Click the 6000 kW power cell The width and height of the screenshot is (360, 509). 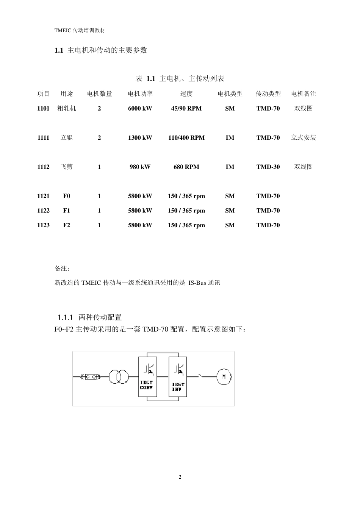click(x=140, y=108)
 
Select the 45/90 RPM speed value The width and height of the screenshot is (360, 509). click(x=186, y=108)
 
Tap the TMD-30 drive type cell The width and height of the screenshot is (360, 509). click(x=268, y=167)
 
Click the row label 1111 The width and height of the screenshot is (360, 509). click(x=43, y=137)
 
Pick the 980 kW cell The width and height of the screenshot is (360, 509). click(x=140, y=167)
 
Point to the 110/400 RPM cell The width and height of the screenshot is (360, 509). click(x=186, y=137)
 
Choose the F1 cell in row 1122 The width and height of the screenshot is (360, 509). click(x=67, y=211)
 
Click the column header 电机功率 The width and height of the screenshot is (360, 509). click(x=140, y=94)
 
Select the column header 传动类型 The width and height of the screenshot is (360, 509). click(x=268, y=94)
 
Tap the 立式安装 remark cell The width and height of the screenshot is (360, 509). click(x=303, y=137)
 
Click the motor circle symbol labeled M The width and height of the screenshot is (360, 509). click(x=224, y=376)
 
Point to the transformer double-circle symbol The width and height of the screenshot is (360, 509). click(x=119, y=377)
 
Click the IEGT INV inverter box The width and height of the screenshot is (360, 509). click(x=177, y=377)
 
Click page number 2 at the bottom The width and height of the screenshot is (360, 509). click(x=180, y=477)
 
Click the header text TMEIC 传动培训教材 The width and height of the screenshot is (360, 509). click(x=80, y=31)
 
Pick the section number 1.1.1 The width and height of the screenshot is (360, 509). click(x=65, y=317)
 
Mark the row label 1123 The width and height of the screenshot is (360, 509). click(x=43, y=225)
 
